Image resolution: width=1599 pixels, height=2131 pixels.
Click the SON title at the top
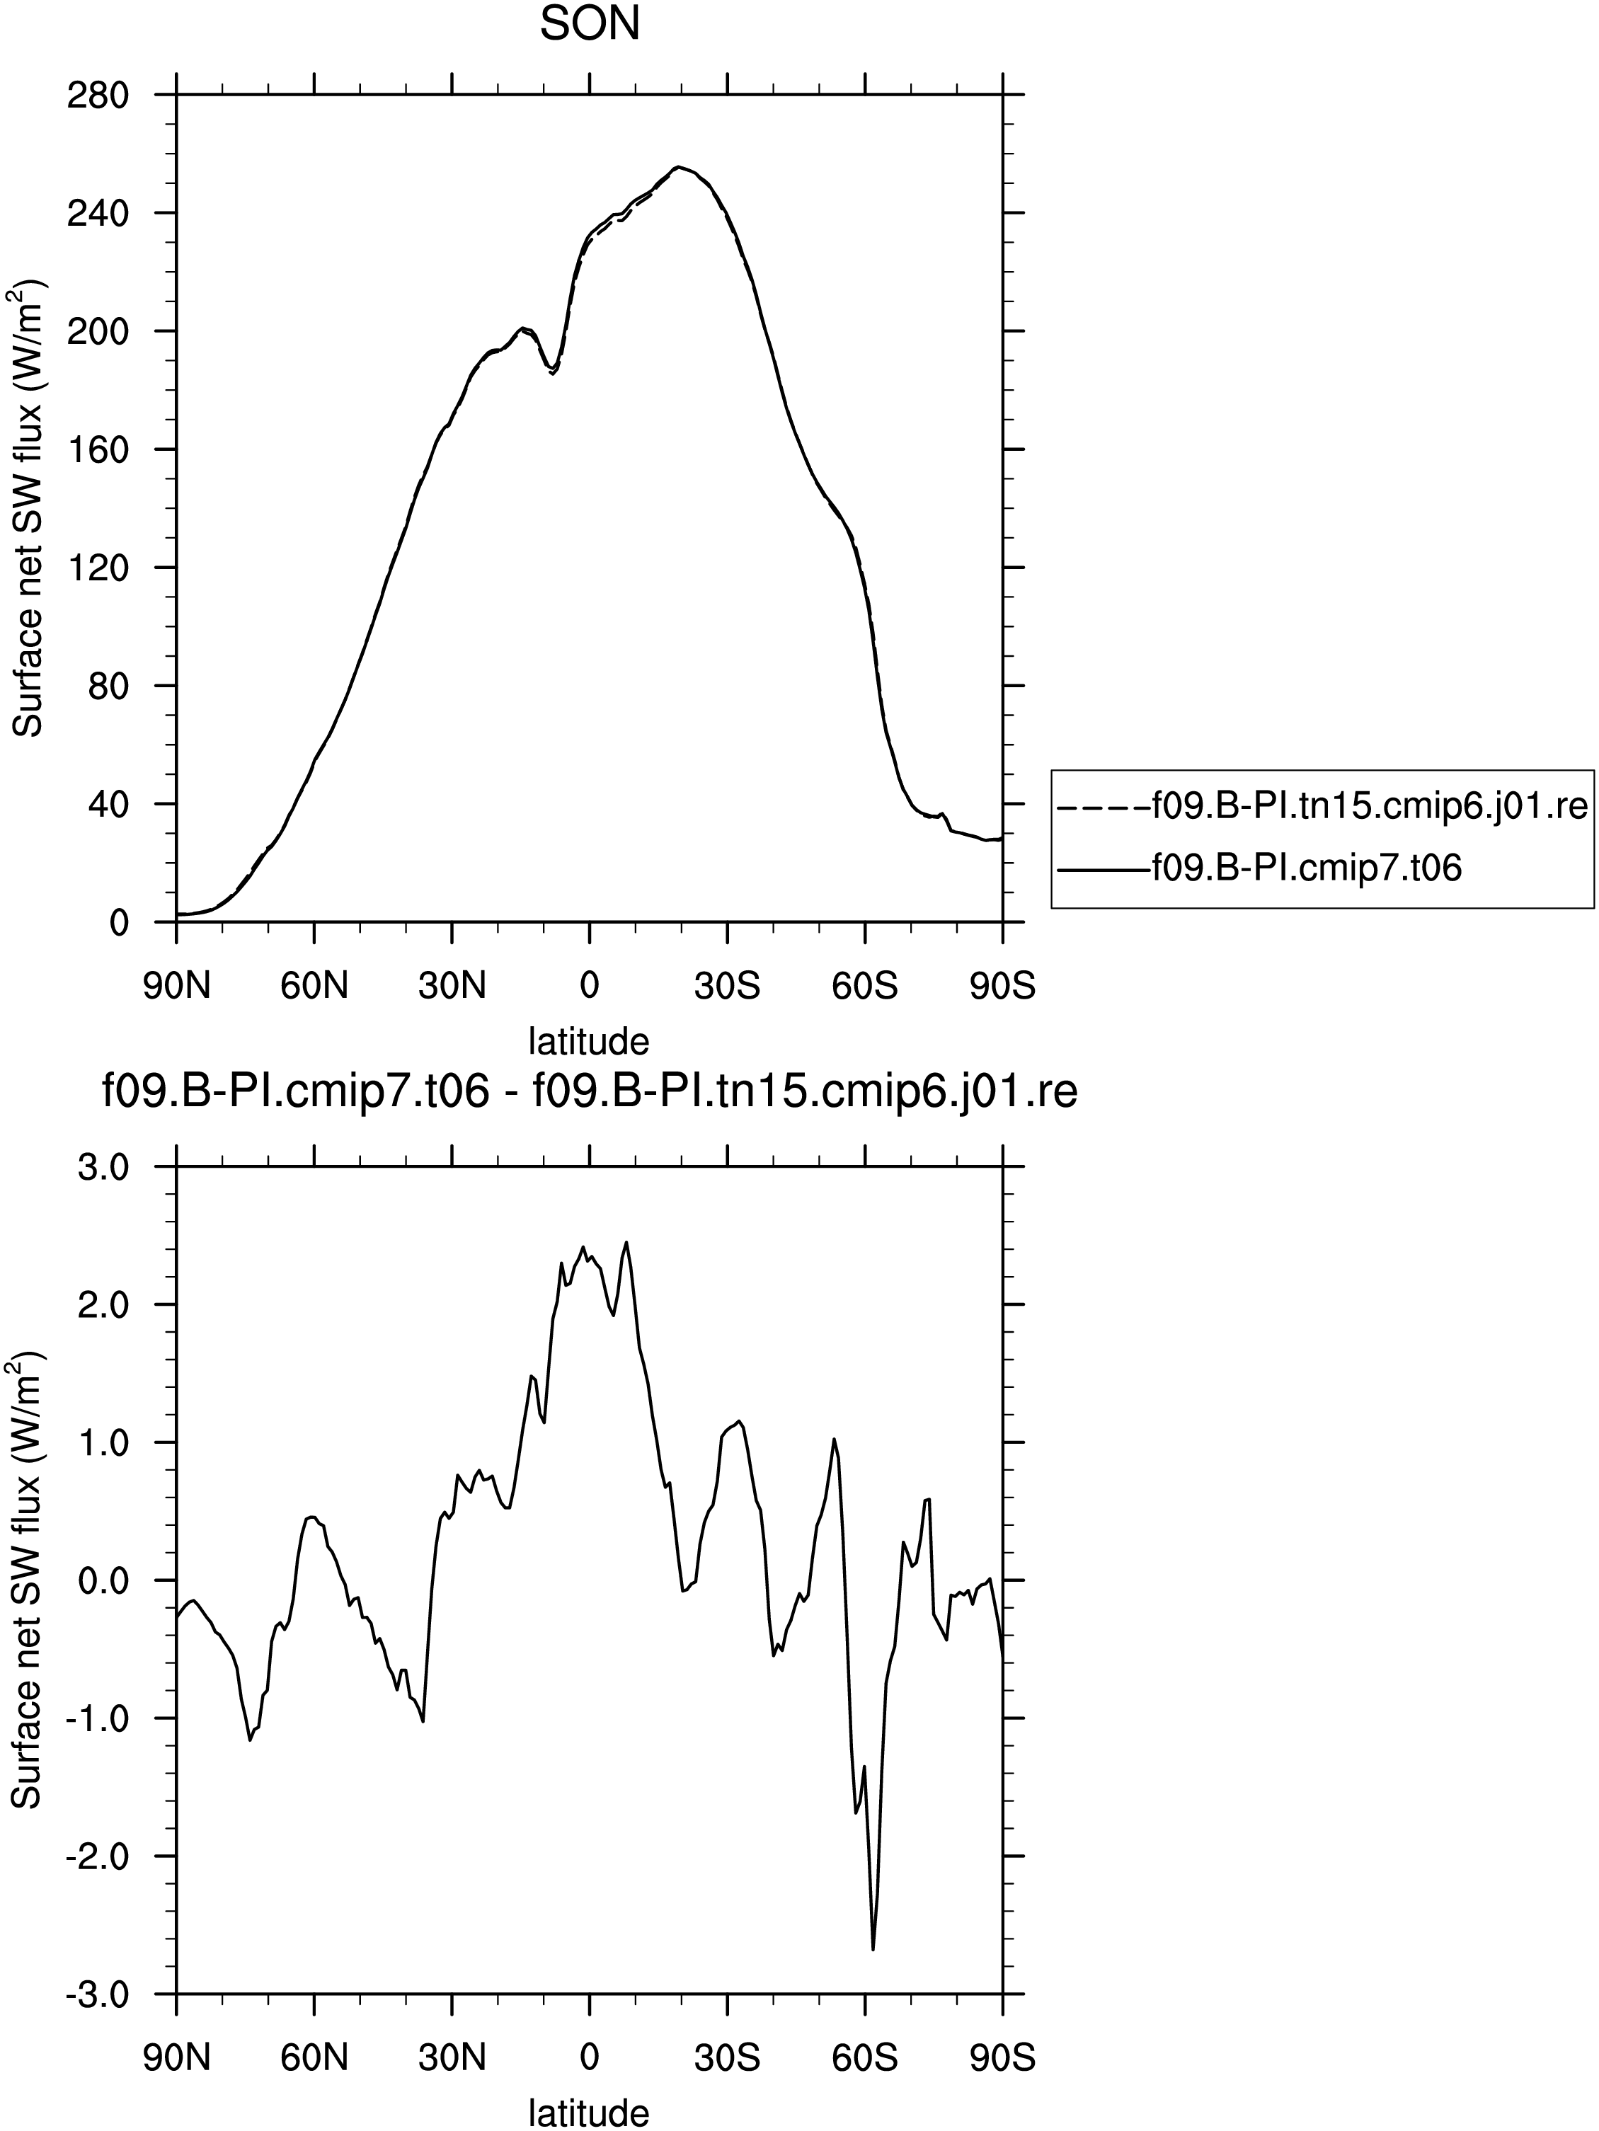pos(590,25)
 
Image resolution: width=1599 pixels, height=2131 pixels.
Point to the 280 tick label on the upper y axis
pos(96,96)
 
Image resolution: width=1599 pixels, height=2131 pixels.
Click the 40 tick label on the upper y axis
pos(108,805)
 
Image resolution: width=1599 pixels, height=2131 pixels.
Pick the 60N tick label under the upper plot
pos(314,987)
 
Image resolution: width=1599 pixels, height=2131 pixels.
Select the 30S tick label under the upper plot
pos(727,987)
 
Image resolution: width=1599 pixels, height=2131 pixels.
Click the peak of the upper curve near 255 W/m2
pos(678,166)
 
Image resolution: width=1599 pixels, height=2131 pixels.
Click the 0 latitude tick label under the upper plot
pos(590,987)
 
